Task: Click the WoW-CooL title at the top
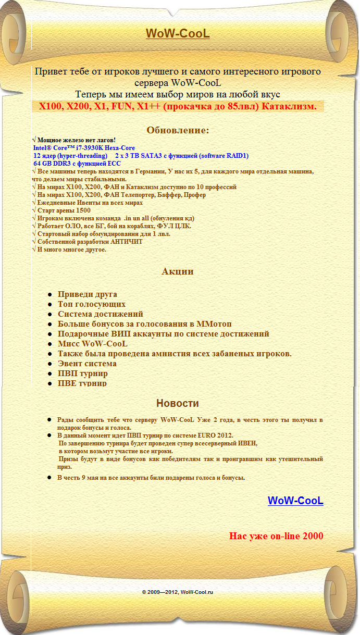[x=178, y=34]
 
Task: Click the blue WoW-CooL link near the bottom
[x=295, y=501]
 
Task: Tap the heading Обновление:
[x=178, y=130]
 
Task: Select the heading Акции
[x=178, y=271]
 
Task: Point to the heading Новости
[x=178, y=403]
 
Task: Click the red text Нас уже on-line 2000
[x=276, y=536]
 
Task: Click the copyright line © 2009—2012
[x=178, y=592]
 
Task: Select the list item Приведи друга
[x=87, y=294]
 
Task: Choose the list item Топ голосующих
[x=92, y=304]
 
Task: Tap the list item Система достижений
[x=101, y=314]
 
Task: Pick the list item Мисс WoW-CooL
[x=93, y=344]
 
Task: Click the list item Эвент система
[x=87, y=364]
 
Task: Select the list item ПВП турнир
[x=83, y=373]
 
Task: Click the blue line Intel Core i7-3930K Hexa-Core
[x=84, y=148]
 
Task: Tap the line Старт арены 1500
[x=64, y=210]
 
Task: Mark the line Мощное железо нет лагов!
[x=76, y=140]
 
